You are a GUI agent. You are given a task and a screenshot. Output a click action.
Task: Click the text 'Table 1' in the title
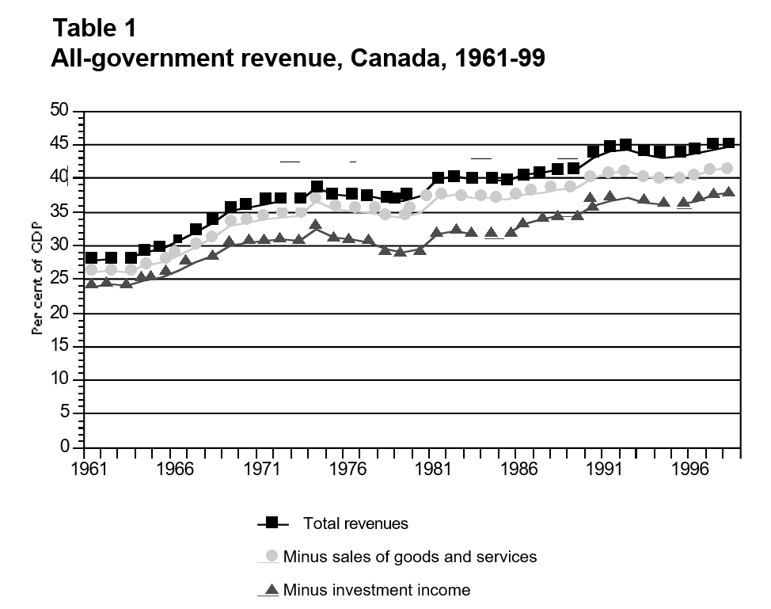pyautogui.click(x=94, y=29)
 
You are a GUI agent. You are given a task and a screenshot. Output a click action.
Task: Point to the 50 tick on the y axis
pyautogui.click(x=61, y=111)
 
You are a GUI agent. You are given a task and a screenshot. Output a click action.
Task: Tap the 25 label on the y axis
pyautogui.click(x=61, y=280)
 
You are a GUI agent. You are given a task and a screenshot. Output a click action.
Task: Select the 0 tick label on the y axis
pyautogui.click(x=66, y=448)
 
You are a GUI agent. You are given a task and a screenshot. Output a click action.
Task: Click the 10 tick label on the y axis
pyautogui.click(x=61, y=381)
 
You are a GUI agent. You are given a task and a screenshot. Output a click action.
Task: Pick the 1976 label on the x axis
pyautogui.click(x=347, y=469)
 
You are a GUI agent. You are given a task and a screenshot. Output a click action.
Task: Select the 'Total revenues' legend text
pyautogui.click(x=355, y=523)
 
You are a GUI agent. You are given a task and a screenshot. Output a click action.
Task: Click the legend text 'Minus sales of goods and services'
pyautogui.click(x=409, y=557)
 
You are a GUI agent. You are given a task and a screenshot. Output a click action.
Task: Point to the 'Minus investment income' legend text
pyautogui.click(x=376, y=590)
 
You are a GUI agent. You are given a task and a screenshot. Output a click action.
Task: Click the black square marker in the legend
pyautogui.click(x=272, y=523)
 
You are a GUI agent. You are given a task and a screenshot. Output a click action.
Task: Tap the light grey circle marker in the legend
pyautogui.click(x=272, y=556)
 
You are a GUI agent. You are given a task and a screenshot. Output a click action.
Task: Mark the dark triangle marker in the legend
pyautogui.click(x=272, y=589)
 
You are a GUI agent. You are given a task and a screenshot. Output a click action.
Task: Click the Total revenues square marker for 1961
pyautogui.click(x=92, y=258)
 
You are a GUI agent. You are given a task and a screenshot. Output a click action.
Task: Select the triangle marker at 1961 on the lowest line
pyautogui.click(x=92, y=284)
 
